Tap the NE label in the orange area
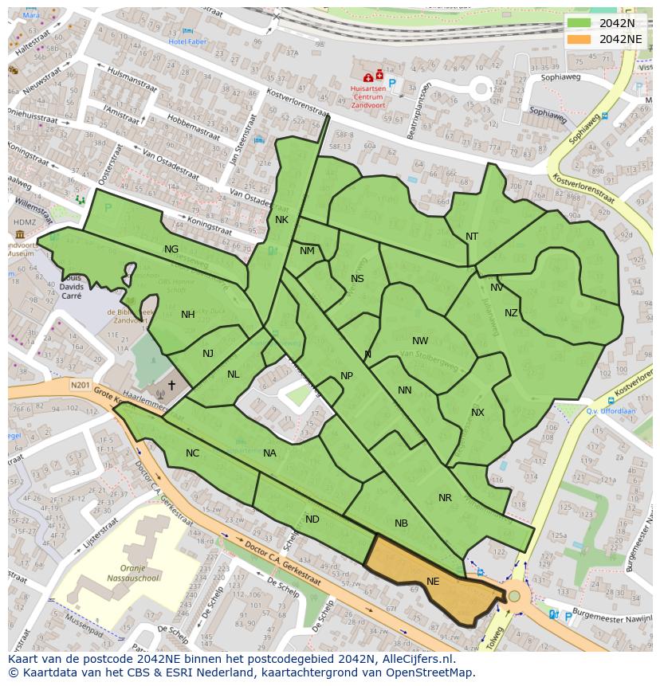coord(433,582)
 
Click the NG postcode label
coord(171,249)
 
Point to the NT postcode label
coord(472,237)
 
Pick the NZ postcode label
coord(511,313)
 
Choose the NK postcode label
coord(281,220)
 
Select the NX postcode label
coord(477,413)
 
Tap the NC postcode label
coord(192,453)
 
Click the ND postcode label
coord(312,519)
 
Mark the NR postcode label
coord(445,498)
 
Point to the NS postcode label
coord(357,279)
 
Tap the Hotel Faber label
coord(187,41)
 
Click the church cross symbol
coord(171,385)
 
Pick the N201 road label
coord(80,386)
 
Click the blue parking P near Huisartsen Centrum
coord(391,82)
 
